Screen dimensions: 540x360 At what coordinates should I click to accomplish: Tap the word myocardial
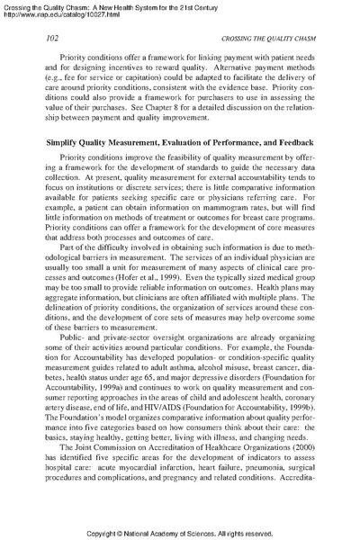pos(137,479)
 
